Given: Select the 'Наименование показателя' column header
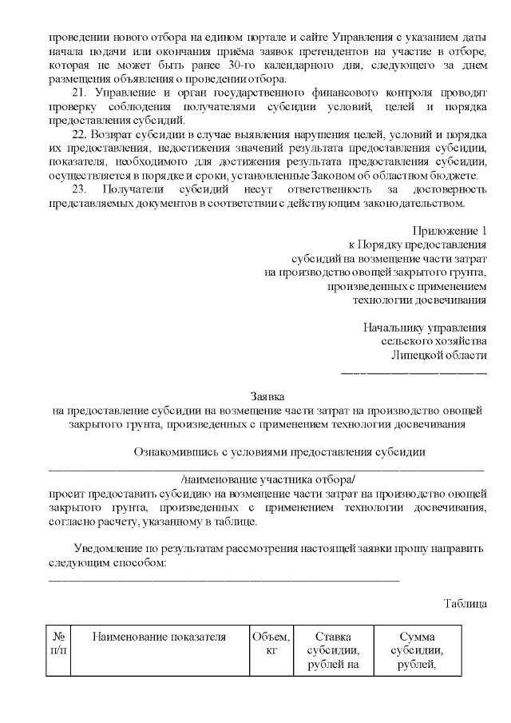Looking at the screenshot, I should pyautogui.click(x=160, y=638).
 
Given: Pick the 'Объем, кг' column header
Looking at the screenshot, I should pyautogui.click(x=271, y=644).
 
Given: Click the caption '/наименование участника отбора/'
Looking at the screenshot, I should pyautogui.click(x=267, y=479).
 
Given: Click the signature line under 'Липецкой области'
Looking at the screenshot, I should pyautogui.click(x=414, y=372).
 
